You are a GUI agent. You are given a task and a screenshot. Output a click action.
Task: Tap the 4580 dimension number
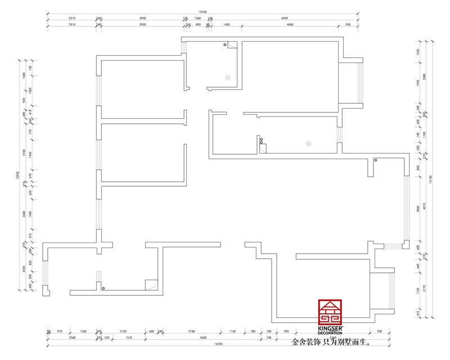[x=290, y=25]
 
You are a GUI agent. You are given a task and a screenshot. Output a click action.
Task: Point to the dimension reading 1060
[x=197, y=18]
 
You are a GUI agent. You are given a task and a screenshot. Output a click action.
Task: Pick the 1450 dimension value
[x=226, y=25]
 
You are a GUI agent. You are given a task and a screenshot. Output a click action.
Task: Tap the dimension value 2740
[x=191, y=331]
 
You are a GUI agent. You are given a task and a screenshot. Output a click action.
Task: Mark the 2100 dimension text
[x=123, y=331]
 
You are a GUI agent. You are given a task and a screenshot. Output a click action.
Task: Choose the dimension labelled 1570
[x=129, y=337]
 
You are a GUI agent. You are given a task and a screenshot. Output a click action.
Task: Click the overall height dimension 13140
[x=430, y=180]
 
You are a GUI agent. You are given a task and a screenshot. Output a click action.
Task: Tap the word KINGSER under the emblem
[x=329, y=328]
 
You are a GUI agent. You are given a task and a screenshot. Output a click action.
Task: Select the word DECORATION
[x=329, y=333]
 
